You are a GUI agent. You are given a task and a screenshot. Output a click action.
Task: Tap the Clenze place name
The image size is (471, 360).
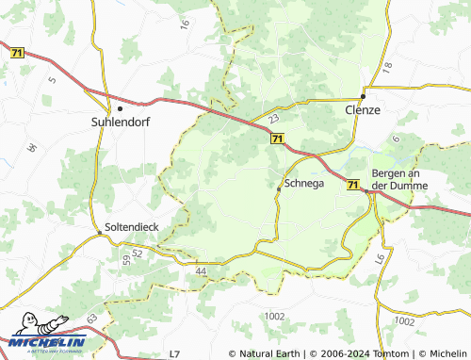click(362, 110)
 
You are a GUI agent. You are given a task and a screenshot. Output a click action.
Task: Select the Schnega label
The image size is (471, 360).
click(303, 183)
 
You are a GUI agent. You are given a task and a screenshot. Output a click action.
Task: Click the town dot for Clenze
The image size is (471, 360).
click(363, 97)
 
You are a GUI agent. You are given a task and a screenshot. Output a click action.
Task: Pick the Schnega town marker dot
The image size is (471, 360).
click(278, 189)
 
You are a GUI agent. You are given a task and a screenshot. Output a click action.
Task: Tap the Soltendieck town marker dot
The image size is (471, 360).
click(99, 233)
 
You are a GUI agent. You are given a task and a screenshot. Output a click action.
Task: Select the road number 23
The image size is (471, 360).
click(273, 120)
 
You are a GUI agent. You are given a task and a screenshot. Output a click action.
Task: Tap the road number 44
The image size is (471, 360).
click(200, 271)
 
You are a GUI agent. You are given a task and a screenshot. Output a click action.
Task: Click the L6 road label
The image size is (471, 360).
click(380, 258)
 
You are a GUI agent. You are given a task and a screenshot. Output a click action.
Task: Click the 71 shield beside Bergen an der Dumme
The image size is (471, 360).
click(351, 186)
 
